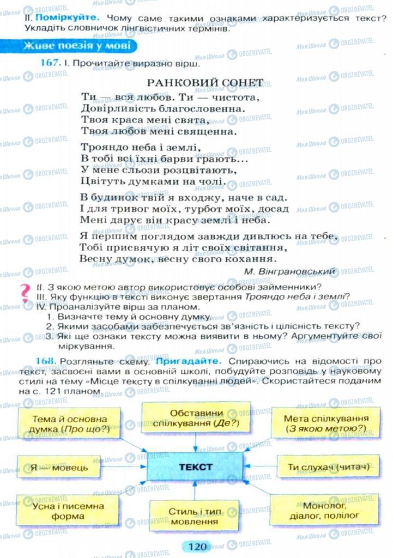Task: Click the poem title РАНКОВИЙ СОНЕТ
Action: click(205, 83)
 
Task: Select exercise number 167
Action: click(50, 63)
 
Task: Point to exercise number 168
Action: click(50, 361)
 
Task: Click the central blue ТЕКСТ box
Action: click(195, 467)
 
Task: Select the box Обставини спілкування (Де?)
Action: click(196, 417)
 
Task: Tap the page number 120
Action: click(196, 545)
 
